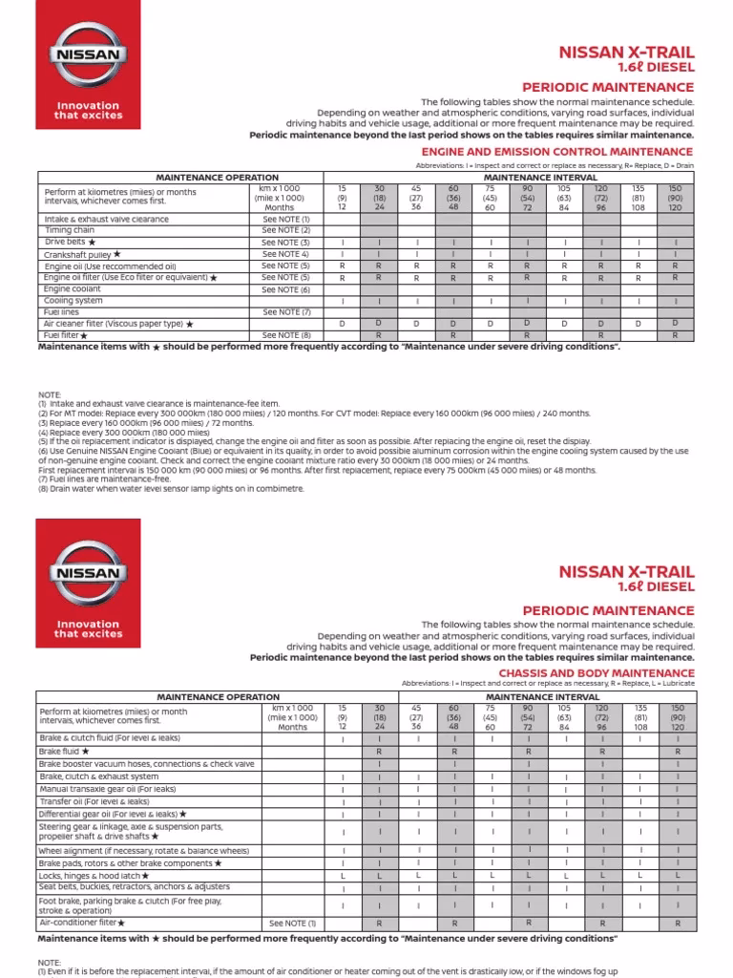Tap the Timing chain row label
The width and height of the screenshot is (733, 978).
(x=70, y=230)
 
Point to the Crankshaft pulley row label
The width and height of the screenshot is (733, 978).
(x=83, y=254)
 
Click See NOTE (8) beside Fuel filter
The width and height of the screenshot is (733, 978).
(x=286, y=335)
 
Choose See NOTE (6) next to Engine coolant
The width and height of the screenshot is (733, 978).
(x=286, y=289)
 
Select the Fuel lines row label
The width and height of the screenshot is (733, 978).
(x=63, y=312)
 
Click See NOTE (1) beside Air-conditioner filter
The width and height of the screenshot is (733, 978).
(x=292, y=924)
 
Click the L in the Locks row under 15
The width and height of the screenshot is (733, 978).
(x=343, y=875)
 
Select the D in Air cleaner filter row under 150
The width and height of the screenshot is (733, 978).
(x=675, y=324)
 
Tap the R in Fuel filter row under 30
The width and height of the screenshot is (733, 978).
(x=379, y=335)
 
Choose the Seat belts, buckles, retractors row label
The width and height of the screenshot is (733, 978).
(x=133, y=886)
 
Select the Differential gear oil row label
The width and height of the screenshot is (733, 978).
(x=113, y=814)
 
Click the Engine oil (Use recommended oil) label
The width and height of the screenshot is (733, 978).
(x=110, y=266)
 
